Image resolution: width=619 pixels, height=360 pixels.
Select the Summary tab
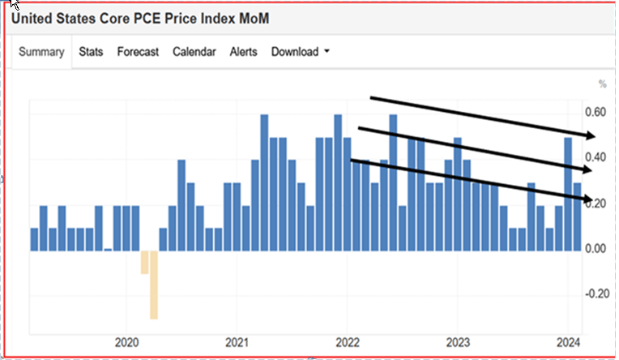tap(41, 52)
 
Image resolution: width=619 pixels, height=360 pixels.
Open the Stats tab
tap(91, 52)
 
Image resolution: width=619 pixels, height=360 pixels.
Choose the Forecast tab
tap(138, 52)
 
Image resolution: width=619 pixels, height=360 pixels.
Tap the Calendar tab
tap(194, 52)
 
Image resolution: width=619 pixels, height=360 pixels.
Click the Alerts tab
tap(243, 52)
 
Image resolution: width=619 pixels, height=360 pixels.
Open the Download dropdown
tap(300, 52)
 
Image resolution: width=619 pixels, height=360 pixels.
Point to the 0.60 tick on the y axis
tap(596, 112)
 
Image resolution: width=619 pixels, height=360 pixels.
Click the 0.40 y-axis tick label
tap(596, 157)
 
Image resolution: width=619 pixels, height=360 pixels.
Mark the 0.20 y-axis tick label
tap(596, 203)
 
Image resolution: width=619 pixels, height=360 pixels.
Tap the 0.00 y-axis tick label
tap(596, 249)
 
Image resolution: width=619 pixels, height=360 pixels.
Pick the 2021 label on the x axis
tap(236, 342)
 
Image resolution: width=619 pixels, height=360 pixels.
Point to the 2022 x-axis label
tap(347, 342)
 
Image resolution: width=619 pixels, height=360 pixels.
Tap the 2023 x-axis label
tap(458, 342)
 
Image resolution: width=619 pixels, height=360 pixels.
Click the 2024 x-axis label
tap(568, 342)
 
